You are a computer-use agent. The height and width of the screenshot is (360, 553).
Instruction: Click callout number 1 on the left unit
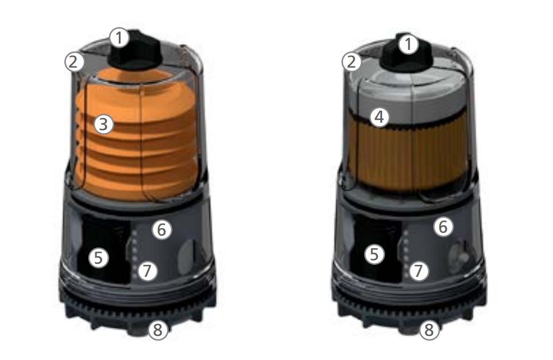click(x=119, y=38)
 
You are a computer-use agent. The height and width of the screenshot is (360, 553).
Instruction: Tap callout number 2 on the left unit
click(x=74, y=62)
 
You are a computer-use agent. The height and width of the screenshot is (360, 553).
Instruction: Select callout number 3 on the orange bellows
click(x=104, y=124)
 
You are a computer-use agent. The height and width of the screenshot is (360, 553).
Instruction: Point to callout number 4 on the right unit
click(x=380, y=117)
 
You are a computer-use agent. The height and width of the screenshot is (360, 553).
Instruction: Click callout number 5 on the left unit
click(x=99, y=257)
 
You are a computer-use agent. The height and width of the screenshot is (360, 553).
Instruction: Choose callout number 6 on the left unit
click(x=162, y=229)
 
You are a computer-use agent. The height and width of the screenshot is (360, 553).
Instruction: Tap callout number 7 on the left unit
click(x=147, y=271)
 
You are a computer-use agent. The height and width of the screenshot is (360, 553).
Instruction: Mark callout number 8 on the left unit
click(x=158, y=330)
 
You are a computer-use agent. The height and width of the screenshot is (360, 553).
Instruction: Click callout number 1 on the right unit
click(x=408, y=45)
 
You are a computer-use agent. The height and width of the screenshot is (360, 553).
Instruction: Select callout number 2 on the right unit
click(x=352, y=62)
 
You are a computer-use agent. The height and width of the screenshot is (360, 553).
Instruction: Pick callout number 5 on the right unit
click(x=375, y=254)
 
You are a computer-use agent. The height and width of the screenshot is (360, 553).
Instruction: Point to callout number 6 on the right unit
click(x=443, y=226)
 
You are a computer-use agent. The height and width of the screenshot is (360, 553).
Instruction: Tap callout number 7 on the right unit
click(x=419, y=271)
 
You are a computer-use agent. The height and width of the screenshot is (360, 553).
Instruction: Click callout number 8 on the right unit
click(x=429, y=330)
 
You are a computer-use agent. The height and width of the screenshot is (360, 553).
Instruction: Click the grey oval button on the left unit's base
click(x=186, y=257)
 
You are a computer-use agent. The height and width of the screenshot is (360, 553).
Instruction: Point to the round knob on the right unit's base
click(x=458, y=257)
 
